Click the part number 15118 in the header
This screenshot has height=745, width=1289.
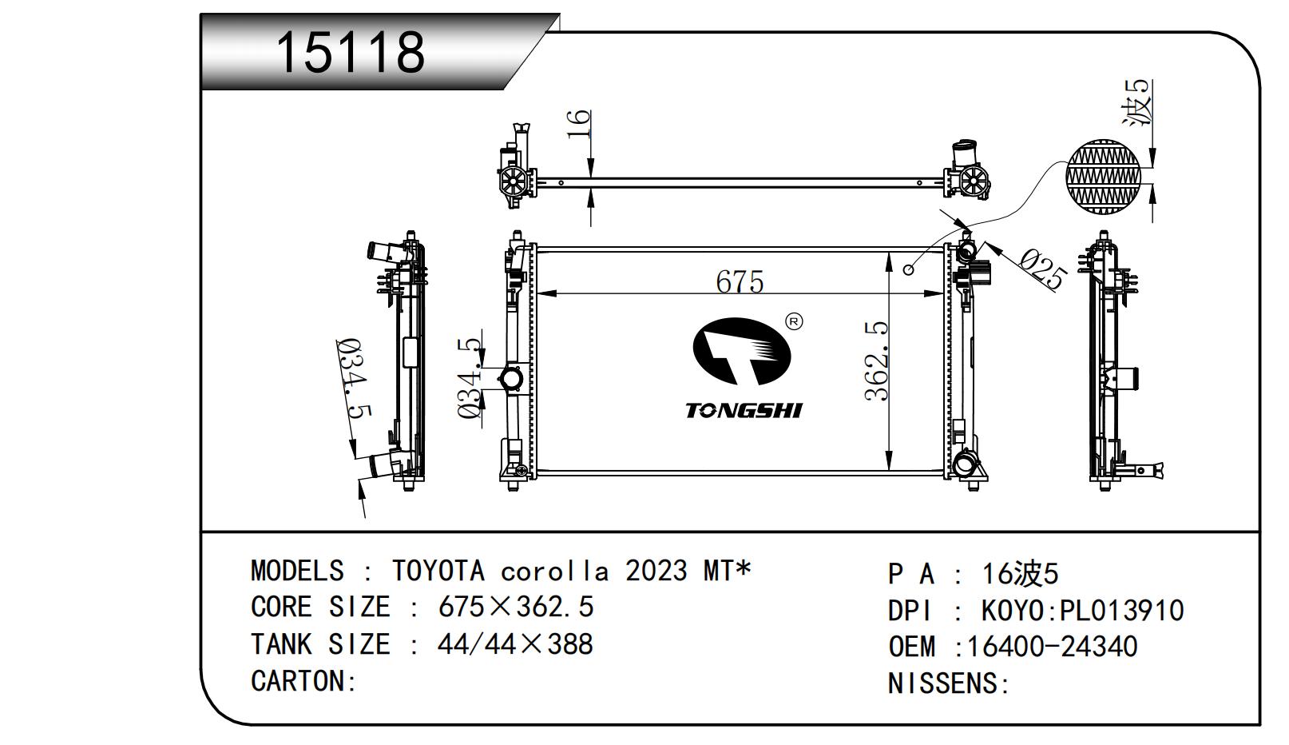click(351, 53)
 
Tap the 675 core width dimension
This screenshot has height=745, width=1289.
click(740, 281)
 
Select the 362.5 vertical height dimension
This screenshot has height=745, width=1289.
click(877, 361)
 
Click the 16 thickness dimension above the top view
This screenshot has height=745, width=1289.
click(578, 124)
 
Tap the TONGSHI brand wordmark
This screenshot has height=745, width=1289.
click(743, 410)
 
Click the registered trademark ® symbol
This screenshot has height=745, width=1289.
click(794, 321)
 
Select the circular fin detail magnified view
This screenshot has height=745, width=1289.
click(1103, 177)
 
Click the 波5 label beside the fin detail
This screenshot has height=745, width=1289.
click(1137, 102)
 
